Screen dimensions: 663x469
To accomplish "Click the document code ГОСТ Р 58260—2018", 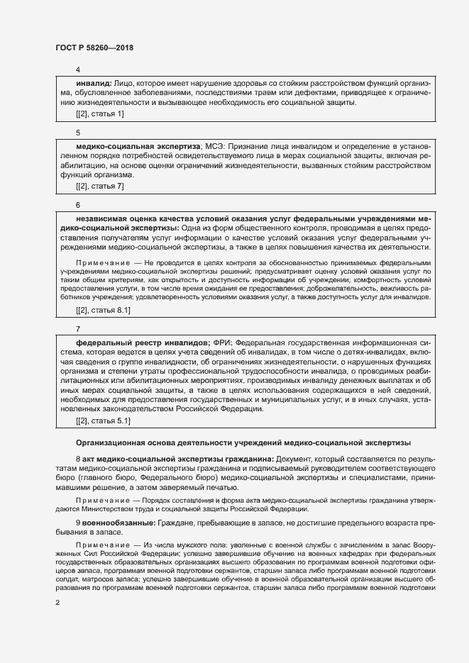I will point(94,48).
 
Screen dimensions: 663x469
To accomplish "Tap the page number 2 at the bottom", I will point(57,603).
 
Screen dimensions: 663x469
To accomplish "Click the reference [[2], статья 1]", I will point(99,113).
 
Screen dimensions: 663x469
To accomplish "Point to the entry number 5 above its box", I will point(78,133).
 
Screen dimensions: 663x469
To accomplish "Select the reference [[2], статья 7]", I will point(99,186).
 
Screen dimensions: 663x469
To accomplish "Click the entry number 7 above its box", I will point(78,329).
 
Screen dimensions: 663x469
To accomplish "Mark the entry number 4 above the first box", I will point(78,70).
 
